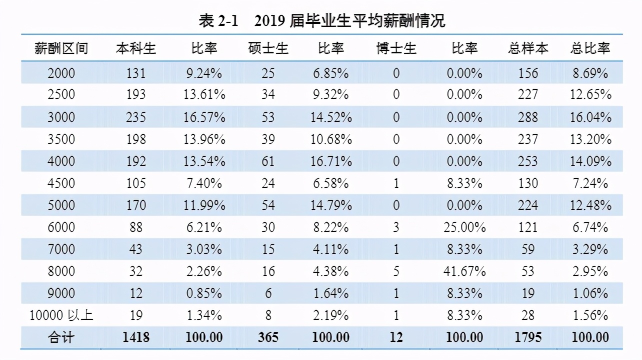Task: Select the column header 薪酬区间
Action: click(61, 48)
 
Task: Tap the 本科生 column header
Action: click(136, 48)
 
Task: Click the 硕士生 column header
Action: click(268, 48)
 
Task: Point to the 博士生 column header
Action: click(396, 48)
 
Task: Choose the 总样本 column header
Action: click(528, 48)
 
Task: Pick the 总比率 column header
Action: click(590, 48)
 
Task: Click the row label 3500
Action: click(61, 139)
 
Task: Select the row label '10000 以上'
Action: click(61, 315)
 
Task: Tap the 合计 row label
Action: click(61, 337)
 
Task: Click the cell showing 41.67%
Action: click(464, 271)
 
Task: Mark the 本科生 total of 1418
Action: click(136, 337)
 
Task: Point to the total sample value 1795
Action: click(528, 337)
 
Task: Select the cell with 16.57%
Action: click(204, 117)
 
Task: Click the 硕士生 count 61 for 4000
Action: click(268, 161)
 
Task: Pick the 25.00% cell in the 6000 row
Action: click(464, 227)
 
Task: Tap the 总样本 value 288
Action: click(528, 117)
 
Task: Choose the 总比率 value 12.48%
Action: click(590, 205)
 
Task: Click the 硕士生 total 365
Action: click(268, 337)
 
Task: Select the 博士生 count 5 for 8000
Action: click(396, 271)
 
